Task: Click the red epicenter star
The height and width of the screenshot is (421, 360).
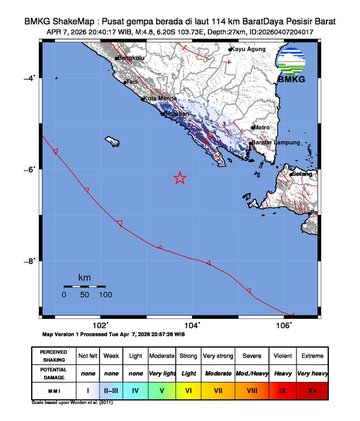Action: coord(180,178)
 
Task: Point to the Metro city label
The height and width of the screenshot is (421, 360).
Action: coord(262,128)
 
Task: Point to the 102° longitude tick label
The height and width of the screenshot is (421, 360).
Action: coord(100,324)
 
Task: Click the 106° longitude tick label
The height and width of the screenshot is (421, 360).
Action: coord(284,324)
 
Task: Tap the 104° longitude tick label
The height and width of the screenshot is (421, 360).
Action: coord(192,324)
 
